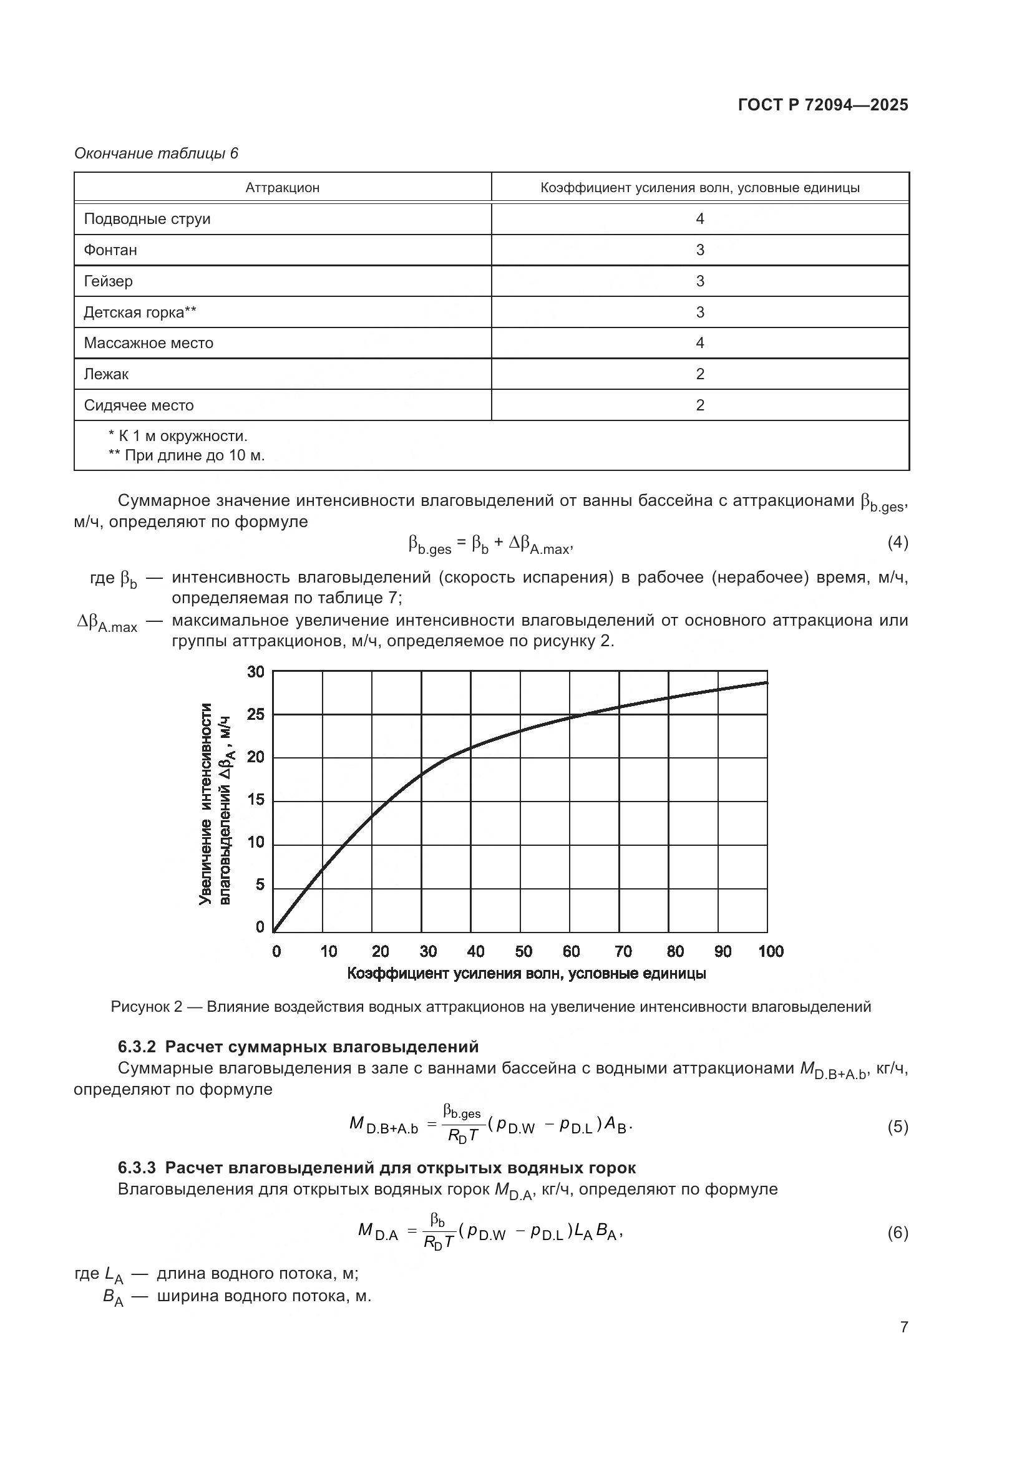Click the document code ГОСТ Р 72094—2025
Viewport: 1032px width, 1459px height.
[x=823, y=105]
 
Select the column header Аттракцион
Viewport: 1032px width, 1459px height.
[x=282, y=188]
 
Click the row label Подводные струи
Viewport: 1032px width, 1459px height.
[x=147, y=218]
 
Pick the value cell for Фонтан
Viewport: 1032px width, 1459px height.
[x=699, y=250]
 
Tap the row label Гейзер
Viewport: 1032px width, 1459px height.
[x=108, y=281]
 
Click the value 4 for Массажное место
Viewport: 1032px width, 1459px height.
[x=699, y=343]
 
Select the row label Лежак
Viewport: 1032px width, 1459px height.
[x=106, y=374]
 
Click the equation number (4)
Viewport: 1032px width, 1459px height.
[x=897, y=542]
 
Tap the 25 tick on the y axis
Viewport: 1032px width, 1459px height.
[x=255, y=715]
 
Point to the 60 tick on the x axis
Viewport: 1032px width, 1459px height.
[x=571, y=951]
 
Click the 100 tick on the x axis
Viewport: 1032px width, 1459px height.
[x=770, y=951]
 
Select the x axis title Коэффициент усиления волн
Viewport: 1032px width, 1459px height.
[x=526, y=974]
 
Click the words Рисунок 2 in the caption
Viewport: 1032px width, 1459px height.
[x=146, y=1007]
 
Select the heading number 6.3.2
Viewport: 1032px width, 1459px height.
[x=137, y=1047]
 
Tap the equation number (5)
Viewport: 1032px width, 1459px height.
[x=897, y=1127]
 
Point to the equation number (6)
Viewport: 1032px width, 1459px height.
[x=897, y=1233]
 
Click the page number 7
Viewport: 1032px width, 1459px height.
[x=903, y=1327]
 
